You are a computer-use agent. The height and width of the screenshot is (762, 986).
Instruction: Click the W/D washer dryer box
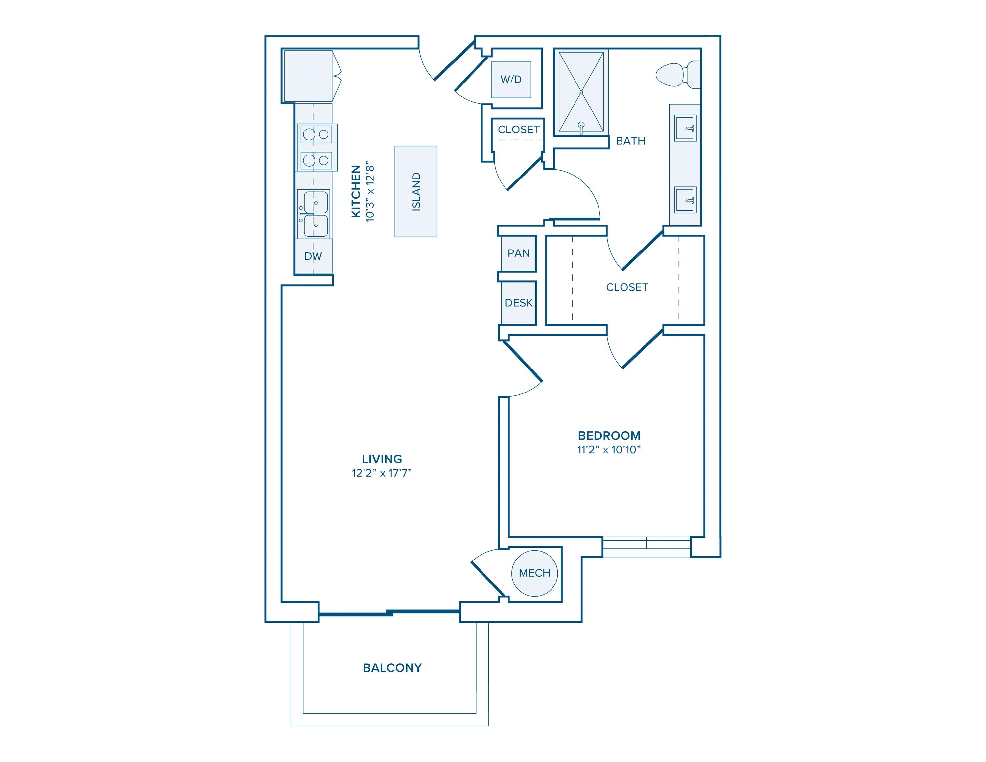[x=511, y=80]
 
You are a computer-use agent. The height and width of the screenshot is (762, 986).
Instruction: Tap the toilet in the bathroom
[x=675, y=75]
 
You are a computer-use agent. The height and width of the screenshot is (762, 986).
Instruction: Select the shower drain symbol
[x=581, y=92]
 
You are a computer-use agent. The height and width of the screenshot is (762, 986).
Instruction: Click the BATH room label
[x=630, y=141]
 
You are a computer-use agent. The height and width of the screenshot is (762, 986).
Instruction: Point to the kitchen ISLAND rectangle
[x=415, y=191]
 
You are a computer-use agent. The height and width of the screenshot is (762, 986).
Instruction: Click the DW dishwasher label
[x=313, y=256]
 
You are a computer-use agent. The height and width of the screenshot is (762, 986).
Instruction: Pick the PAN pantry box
[x=518, y=253]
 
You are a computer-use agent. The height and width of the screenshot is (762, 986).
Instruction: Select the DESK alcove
[x=518, y=303]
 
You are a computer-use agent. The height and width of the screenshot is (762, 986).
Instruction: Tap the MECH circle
[x=534, y=573]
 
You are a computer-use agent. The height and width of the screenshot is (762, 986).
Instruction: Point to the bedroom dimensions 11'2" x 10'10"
[x=609, y=450]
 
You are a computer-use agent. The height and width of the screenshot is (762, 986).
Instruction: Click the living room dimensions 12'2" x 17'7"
[x=382, y=473]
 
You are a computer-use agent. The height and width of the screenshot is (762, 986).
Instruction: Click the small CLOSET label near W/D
[x=518, y=130]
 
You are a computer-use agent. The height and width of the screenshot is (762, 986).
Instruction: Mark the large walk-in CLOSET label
[x=627, y=287]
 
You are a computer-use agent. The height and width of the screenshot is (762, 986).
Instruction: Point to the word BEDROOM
[x=609, y=436]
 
